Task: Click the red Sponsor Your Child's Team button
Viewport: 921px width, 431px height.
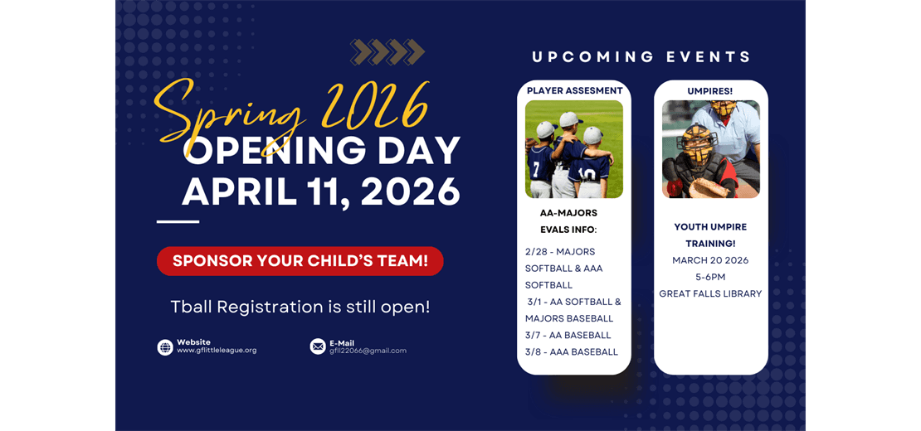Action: coord(300,261)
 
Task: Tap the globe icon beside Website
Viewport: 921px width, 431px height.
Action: coord(165,347)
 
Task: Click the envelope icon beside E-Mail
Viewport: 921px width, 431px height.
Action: coord(318,346)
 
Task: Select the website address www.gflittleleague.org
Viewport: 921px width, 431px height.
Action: coord(217,351)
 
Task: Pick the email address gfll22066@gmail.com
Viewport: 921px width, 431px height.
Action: coord(368,351)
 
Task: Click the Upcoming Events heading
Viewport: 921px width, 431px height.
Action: coord(641,57)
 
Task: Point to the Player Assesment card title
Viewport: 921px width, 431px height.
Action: coord(574,90)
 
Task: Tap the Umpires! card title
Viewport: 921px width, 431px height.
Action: coord(710,90)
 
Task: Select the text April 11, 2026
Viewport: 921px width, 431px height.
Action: coord(321,192)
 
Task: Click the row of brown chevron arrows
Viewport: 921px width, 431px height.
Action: coord(387,52)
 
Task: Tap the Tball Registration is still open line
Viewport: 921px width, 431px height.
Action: coord(300,307)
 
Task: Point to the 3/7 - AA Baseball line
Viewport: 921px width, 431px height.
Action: coord(568,335)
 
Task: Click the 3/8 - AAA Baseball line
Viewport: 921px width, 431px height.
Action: coord(571,351)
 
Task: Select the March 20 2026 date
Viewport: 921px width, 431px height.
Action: coord(710,260)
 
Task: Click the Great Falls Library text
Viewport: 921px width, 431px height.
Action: coord(710,293)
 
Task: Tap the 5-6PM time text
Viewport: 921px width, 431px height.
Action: coord(710,277)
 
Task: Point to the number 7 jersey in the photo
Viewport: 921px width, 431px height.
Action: coord(538,169)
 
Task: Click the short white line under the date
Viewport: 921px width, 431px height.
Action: coord(178,222)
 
